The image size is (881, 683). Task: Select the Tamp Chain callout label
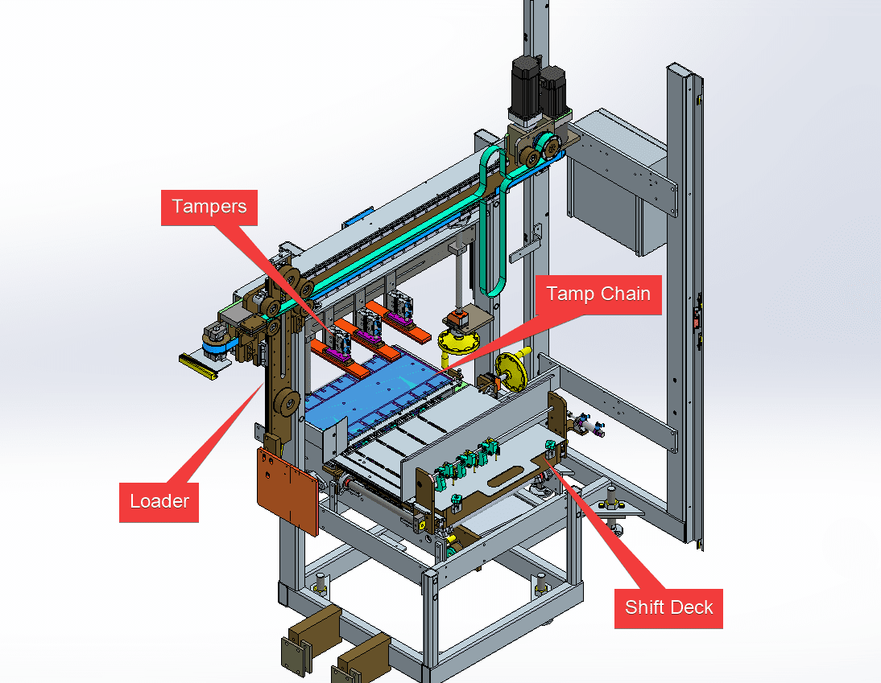point(598,294)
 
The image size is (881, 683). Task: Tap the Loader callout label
point(159,501)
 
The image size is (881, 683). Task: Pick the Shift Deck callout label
point(668,607)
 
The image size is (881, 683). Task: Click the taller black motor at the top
point(526,89)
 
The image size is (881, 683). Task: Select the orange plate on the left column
point(285,490)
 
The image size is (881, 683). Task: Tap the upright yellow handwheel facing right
point(512,372)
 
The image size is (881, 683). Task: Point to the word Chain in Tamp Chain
point(624,294)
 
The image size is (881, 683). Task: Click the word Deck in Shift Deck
point(693,607)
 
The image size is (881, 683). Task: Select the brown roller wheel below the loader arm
point(285,403)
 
